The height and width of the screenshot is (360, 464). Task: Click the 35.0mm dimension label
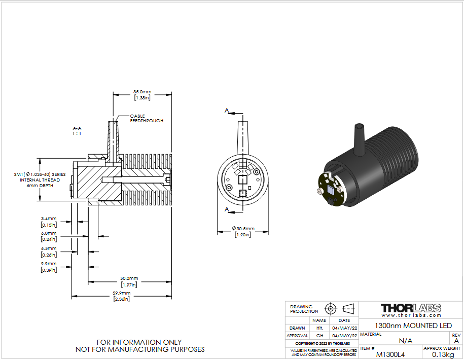(x=142, y=95)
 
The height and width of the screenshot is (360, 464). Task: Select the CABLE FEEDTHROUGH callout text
(x=147, y=118)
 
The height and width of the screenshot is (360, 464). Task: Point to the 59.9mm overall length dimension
(x=121, y=296)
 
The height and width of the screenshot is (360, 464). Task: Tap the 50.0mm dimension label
(x=129, y=281)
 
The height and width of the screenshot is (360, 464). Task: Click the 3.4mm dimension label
(x=49, y=222)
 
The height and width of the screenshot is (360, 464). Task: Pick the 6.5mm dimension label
(x=49, y=251)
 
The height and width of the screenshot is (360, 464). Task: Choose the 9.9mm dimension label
(x=49, y=267)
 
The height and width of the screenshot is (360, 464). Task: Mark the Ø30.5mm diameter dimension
(x=243, y=231)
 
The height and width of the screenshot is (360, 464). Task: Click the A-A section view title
(x=77, y=131)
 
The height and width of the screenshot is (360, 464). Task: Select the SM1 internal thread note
(x=40, y=180)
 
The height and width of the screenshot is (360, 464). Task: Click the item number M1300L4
(x=390, y=354)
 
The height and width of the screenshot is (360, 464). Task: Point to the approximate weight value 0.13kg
(x=443, y=354)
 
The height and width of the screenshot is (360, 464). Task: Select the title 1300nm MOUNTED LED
(x=413, y=326)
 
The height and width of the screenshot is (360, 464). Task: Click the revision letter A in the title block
(x=456, y=341)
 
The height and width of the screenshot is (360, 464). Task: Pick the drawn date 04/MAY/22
(x=344, y=328)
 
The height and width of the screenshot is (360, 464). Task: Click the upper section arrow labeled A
(x=234, y=112)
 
